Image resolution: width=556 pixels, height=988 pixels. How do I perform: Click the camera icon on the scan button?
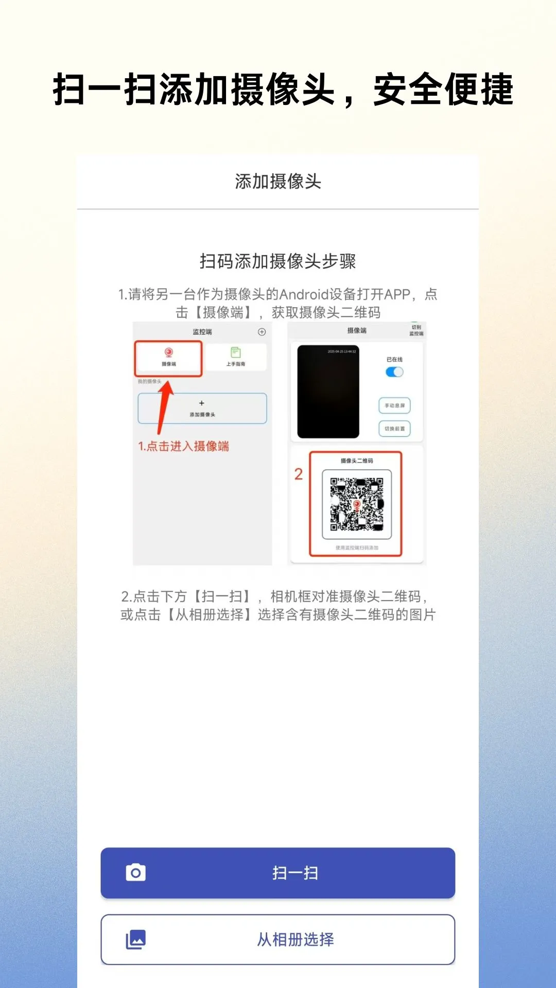click(x=136, y=873)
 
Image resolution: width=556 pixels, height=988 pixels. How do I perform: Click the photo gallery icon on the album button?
click(x=136, y=940)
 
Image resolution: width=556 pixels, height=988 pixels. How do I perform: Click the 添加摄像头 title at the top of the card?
click(x=278, y=182)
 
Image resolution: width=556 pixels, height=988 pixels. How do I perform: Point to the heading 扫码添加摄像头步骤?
click(x=278, y=261)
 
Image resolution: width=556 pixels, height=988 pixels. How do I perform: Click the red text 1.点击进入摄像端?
click(x=183, y=446)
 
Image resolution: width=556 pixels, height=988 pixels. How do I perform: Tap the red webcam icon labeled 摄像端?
click(x=168, y=352)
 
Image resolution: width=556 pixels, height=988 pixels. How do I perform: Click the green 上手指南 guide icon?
click(x=236, y=352)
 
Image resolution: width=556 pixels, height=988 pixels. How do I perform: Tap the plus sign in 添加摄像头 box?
click(x=202, y=403)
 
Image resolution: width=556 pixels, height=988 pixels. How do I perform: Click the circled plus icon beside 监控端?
click(x=262, y=332)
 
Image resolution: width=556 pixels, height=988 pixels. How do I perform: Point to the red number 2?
click(x=299, y=474)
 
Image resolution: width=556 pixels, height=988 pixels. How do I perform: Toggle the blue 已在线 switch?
click(x=394, y=372)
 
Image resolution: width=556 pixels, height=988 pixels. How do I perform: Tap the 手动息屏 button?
click(x=394, y=405)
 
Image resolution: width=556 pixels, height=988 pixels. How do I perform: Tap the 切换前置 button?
click(x=394, y=429)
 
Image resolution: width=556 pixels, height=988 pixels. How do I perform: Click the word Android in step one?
click(x=304, y=294)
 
